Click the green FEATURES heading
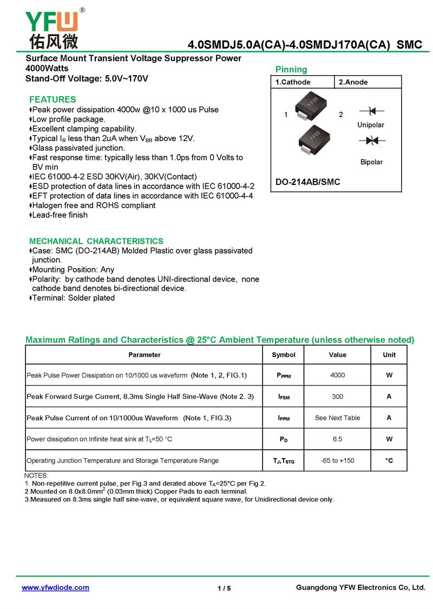(53, 100)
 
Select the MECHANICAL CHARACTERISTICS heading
(96, 241)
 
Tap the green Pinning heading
(291, 70)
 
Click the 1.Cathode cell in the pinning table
(293, 82)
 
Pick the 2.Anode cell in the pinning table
(353, 82)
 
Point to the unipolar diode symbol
(371, 111)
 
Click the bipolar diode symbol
(371, 141)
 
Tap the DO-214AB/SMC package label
(308, 182)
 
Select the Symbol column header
(284, 355)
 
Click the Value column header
(337, 355)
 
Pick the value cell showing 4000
(337, 375)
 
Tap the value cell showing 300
(337, 396)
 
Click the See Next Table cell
(337, 418)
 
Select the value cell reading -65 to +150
(337, 460)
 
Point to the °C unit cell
(389, 460)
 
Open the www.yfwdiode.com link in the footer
(55, 587)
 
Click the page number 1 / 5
(224, 588)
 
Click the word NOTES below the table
(37, 475)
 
